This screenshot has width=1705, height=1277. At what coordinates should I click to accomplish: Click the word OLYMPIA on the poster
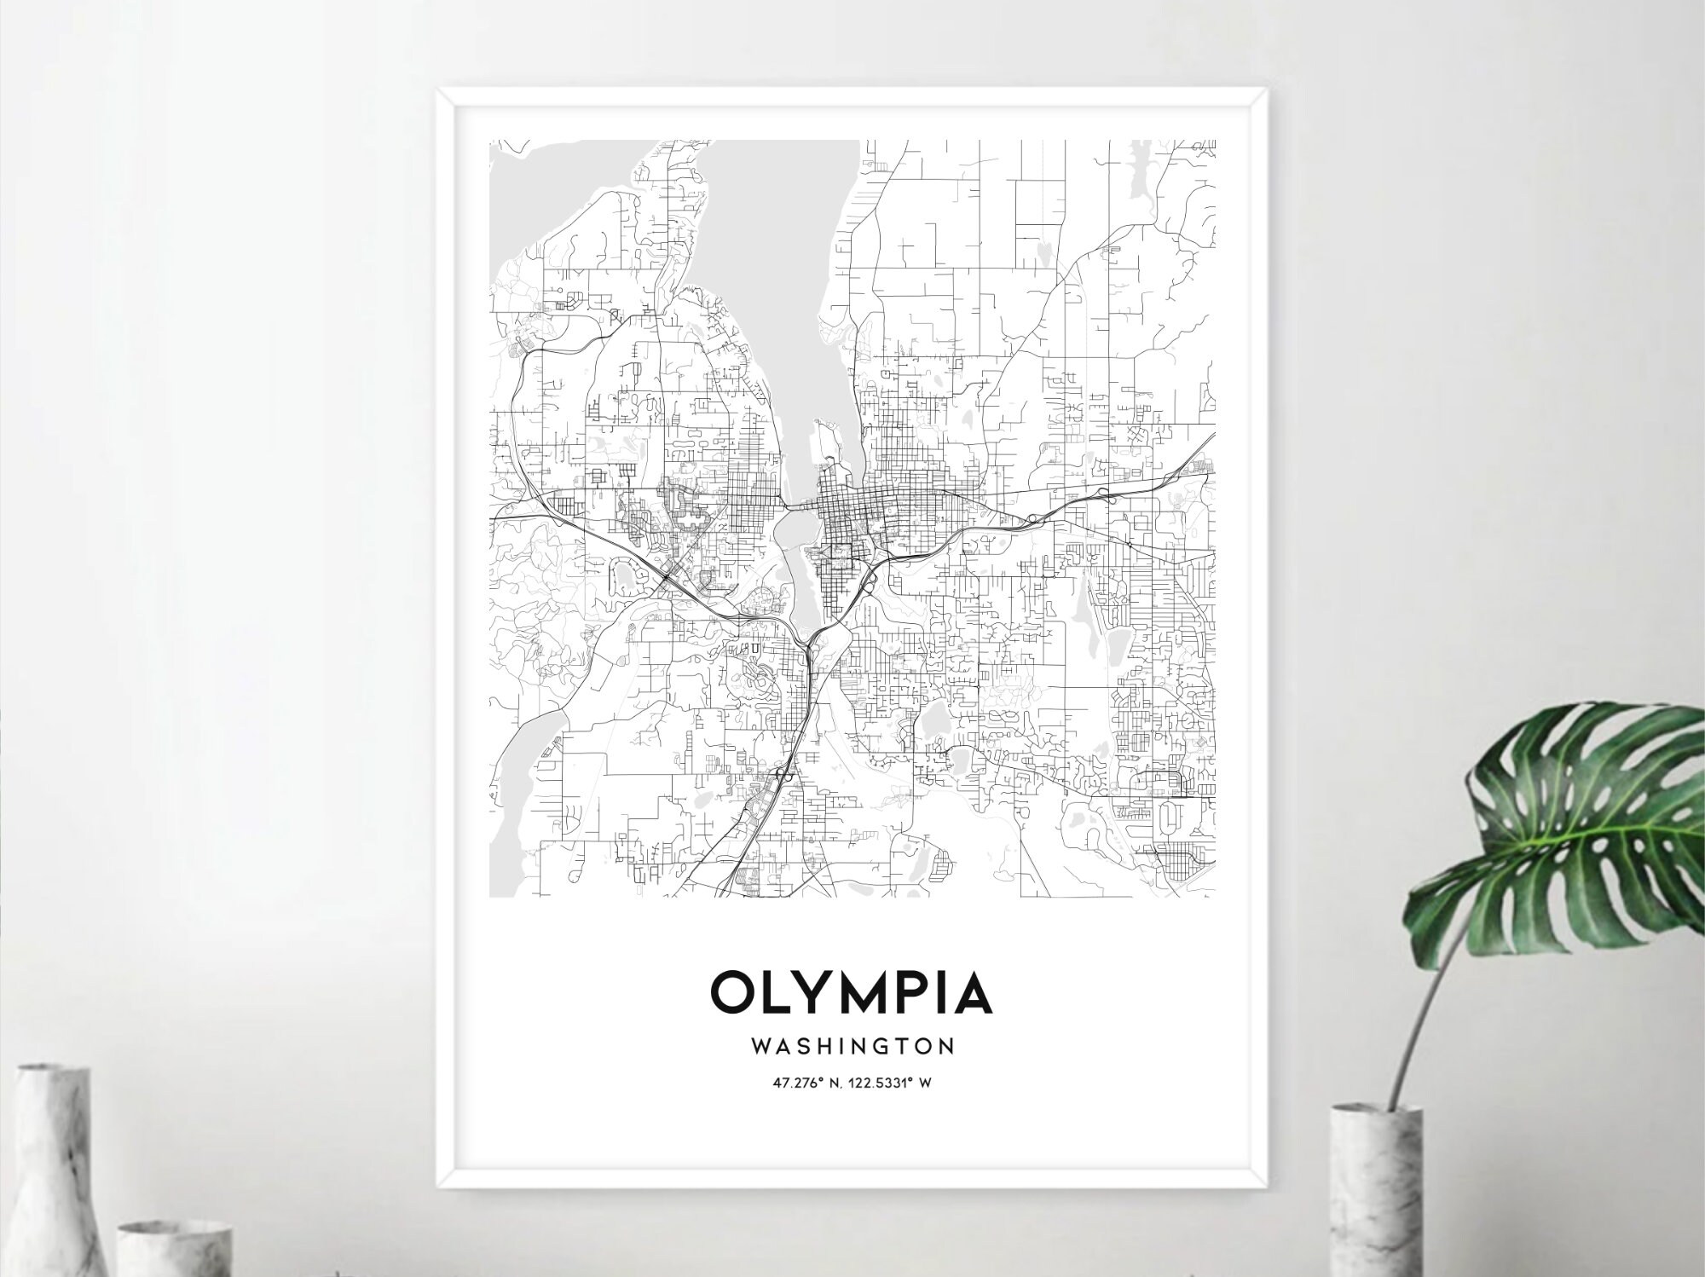(x=852, y=991)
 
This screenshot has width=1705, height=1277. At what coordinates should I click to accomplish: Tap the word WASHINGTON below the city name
(x=852, y=1045)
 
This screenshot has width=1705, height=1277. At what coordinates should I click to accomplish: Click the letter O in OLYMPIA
(x=732, y=991)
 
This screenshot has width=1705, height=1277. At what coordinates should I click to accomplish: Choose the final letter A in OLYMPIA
(x=972, y=991)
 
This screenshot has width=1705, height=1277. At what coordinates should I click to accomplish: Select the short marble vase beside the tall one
(x=175, y=1245)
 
